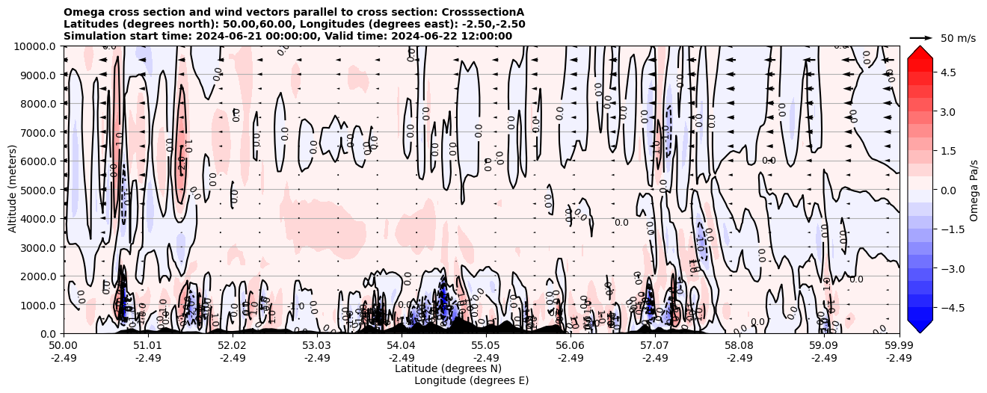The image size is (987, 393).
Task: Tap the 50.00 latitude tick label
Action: (64, 346)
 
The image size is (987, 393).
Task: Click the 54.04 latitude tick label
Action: (402, 346)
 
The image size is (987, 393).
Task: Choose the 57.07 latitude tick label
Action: (655, 346)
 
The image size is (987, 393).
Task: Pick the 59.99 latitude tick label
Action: (899, 346)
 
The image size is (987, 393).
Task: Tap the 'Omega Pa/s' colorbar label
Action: (974, 190)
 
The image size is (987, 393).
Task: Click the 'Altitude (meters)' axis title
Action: (13, 190)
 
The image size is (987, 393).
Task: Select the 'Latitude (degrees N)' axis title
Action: (448, 368)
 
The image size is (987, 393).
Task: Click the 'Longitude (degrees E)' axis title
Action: (471, 380)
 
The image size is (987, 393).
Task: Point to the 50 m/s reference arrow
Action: (921, 37)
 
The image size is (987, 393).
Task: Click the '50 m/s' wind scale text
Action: (958, 38)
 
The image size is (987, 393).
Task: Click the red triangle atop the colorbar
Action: (920, 52)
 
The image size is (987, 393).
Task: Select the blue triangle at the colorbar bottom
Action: (920, 326)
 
